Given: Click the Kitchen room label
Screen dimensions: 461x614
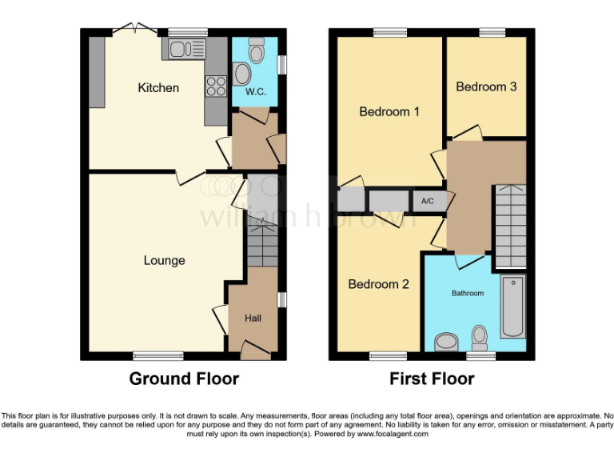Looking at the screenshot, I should click(158, 88).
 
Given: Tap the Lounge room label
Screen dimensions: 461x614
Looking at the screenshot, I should click(164, 260).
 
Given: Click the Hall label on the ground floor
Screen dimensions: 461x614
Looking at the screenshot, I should click(253, 319).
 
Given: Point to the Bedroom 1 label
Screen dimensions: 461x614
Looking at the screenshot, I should click(389, 112).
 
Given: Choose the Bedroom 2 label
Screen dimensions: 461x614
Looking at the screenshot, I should click(378, 284).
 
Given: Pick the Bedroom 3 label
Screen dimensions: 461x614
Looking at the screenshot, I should click(486, 86).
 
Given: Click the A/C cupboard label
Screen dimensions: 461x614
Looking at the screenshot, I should click(428, 201).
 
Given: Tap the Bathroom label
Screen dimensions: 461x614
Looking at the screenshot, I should click(468, 294).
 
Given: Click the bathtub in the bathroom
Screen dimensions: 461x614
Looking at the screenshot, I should click(512, 306).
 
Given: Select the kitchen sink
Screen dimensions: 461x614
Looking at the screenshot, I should click(185, 50).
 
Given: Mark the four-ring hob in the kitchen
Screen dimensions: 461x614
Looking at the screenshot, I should click(216, 86).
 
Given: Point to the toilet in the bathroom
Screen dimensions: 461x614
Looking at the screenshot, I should click(480, 338).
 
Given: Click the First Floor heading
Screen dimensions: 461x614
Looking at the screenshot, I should click(432, 379).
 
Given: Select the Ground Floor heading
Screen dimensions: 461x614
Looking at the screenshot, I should click(184, 379).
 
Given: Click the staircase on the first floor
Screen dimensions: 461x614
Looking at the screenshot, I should click(508, 226).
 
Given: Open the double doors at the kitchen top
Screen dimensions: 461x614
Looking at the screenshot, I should click(134, 30).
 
